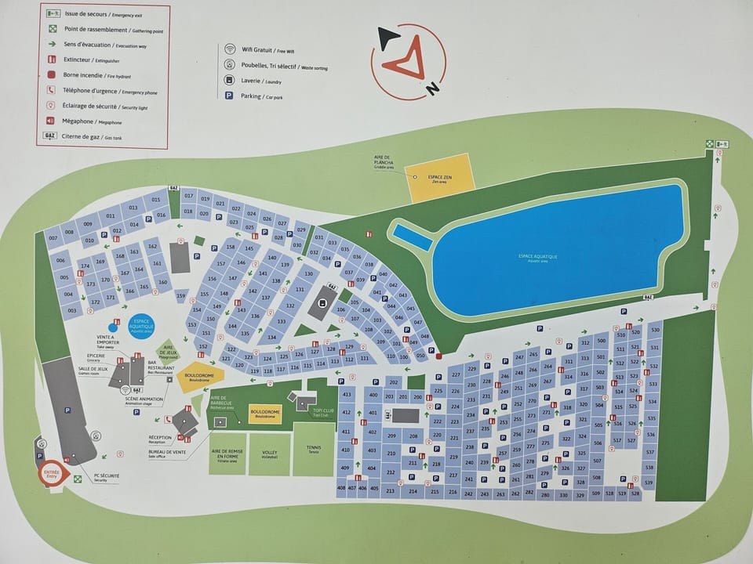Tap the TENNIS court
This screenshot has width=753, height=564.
pos(314,450)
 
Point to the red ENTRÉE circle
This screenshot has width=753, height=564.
pos(52,473)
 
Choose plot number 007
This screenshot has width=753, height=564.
pos(53,237)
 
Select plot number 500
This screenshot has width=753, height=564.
pos(602,341)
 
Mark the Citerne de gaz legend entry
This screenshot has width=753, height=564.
pos(84,136)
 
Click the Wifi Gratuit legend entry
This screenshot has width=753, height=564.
pos(263,48)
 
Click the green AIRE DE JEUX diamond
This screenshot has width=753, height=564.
pos(167,349)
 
